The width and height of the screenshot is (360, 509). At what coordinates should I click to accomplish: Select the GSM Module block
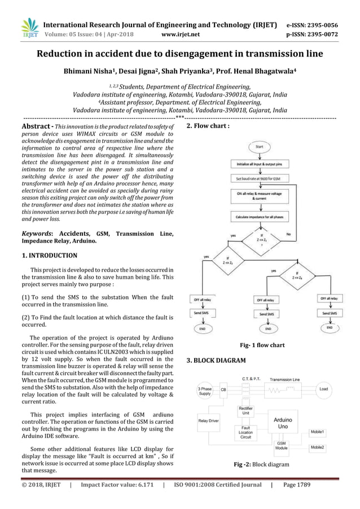281,446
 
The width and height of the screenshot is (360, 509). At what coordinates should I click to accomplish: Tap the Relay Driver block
209,420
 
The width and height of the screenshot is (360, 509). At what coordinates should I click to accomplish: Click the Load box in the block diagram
323,389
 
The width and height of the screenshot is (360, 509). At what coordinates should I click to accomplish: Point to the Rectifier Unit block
245,411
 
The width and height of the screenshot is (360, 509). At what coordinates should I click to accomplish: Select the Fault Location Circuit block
245,432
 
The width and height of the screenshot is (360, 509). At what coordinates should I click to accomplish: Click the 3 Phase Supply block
204,391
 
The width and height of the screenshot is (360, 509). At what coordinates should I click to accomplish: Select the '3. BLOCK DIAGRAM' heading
216,359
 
